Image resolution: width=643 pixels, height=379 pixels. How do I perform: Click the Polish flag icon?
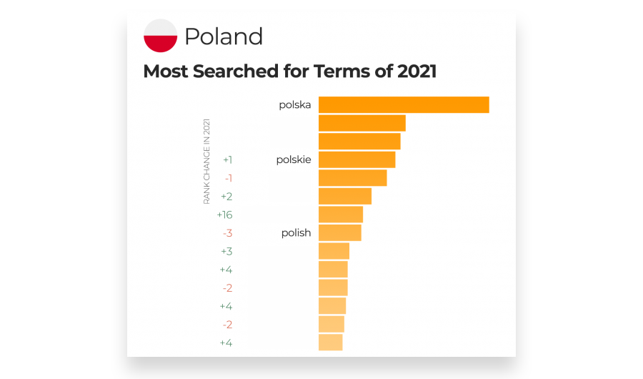pyautogui.click(x=161, y=36)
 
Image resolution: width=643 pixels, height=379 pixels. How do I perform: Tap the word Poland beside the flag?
pyautogui.click(x=224, y=36)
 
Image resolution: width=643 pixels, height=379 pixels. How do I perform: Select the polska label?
pyautogui.click(x=295, y=104)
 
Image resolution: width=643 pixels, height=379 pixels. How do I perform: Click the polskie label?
pyautogui.click(x=294, y=159)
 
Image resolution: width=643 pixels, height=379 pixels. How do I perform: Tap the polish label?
pyautogui.click(x=296, y=232)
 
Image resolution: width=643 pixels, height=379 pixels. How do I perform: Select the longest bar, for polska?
pyautogui.click(x=404, y=104)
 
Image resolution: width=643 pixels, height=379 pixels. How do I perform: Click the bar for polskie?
pyautogui.click(x=357, y=159)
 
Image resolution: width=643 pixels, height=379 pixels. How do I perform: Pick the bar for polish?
pyautogui.click(x=339, y=232)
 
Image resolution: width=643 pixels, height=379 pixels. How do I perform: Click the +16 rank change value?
pyautogui.click(x=224, y=215)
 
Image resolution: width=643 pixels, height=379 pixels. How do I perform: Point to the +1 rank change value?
pyautogui.click(x=227, y=159)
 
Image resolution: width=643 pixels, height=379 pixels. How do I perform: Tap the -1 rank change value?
pyautogui.click(x=228, y=178)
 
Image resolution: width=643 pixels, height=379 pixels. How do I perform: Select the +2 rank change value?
pyautogui.click(x=226, y=196)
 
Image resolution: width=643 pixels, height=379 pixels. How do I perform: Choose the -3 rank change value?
pyautogui.click(x=227, y=233)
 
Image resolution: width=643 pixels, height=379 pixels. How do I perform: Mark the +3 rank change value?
pyautogui.click(x=226, y=251)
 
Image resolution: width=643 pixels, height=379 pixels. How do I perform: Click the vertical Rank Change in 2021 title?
pyautogui.click(x=207, y=162)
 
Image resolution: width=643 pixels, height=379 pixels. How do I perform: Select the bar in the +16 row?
pyautogui.click(x=341, y=215)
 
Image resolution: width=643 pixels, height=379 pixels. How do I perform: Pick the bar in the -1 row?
pyautogui.click(x=352, y=178)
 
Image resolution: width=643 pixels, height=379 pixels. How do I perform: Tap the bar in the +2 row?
pyautogui.click(x=345, y=196)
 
